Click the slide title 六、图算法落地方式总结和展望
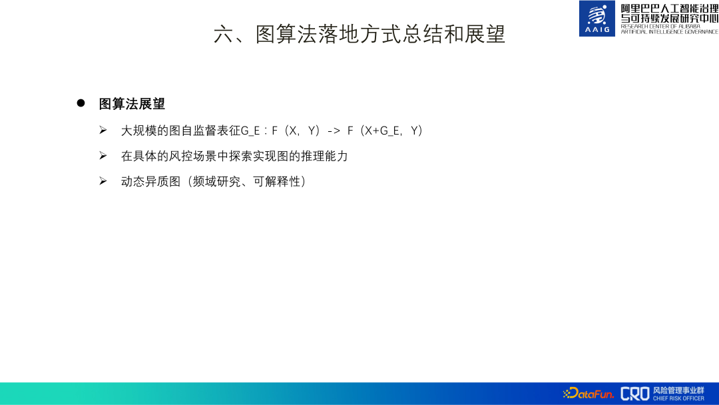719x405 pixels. (359, 34)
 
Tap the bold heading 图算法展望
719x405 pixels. (132, 104)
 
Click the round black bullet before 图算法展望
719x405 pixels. (81, 103)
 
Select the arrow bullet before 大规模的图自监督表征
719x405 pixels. (103, 131)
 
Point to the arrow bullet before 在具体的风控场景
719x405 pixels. (103, 156)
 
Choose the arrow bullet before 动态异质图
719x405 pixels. (103, 181)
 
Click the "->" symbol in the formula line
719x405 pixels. (334, 131)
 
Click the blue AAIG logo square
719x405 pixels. (597, 19)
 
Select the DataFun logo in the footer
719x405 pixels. (589, 394)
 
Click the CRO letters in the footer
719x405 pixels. (634, 394)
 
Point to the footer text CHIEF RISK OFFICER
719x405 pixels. (678, 398)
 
